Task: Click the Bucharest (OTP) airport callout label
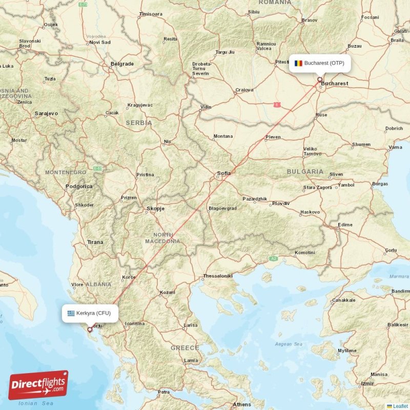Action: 320,63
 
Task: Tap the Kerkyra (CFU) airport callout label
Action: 90,313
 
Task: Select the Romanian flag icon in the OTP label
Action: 298,63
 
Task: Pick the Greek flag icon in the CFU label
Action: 71,313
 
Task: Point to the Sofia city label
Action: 224,173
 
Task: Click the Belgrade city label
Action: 122,64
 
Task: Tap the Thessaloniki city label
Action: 218,276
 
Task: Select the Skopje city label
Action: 156,209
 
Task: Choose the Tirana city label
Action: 95,242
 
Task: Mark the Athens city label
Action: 242,404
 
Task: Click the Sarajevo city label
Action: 46,113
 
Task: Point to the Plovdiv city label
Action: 281,203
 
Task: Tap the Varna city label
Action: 395,147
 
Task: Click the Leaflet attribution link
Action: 400,406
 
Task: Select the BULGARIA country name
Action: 305,171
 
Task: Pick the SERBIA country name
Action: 139,123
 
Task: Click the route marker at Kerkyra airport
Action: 90,330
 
